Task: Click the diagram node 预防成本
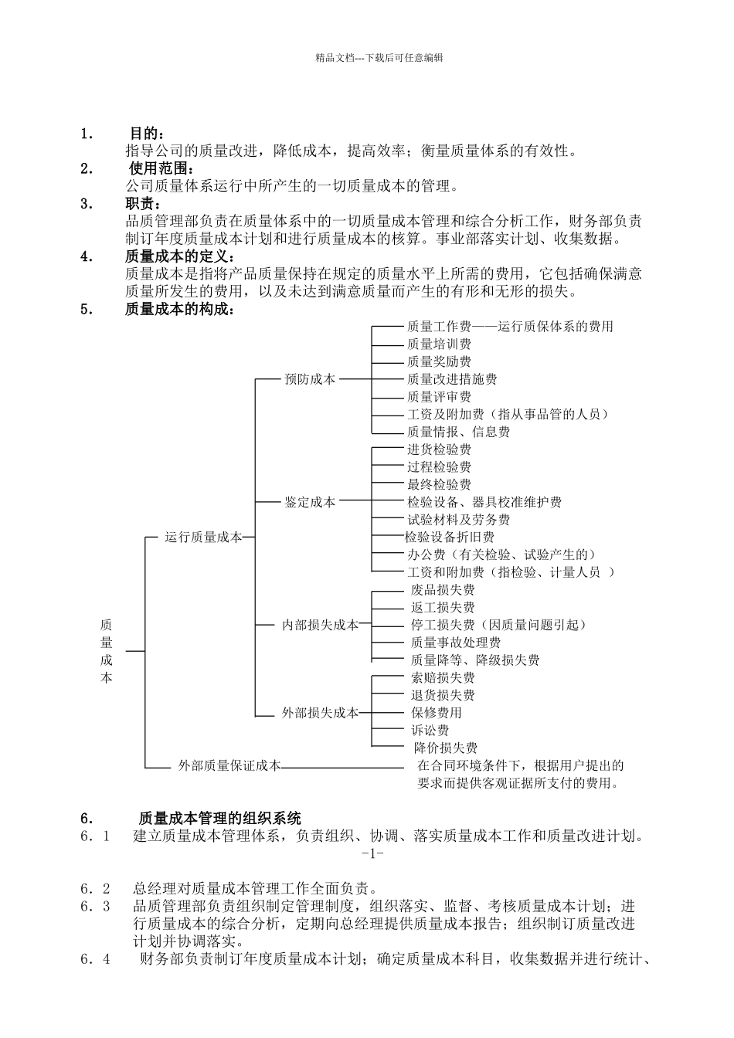pyautogui.click(x=310, y=379)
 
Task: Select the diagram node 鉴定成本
pyautogui.click(x=310, y=502)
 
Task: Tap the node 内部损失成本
pyautogui.click(x=320, y=625)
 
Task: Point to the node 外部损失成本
pyautogui.click(x=320, y=713)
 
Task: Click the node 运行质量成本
pyautogui.click(x=203, y=538)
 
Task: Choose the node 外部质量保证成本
pyautogui.click(x=229, y=766)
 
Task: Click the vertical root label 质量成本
pyautogui.click(x=107, y=650)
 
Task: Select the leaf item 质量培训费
pyautogui.click(x=439, y=344)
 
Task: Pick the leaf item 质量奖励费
pyautogui.click(x=439, y=361)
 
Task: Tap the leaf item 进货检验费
pyautogui.click(x=439, y=449)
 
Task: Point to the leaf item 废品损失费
pyautogui.click(x=443, y=590)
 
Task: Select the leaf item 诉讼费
pyautogui.click(x=430, y=730)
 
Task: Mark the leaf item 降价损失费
pyautogui.click(x=446, y=748)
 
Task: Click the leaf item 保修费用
pyautogui.click(x=437, y=712)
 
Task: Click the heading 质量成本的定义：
pyautogui.click(x=178, y=257)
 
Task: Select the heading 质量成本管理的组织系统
pyautogui.click(x=219, y=819)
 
